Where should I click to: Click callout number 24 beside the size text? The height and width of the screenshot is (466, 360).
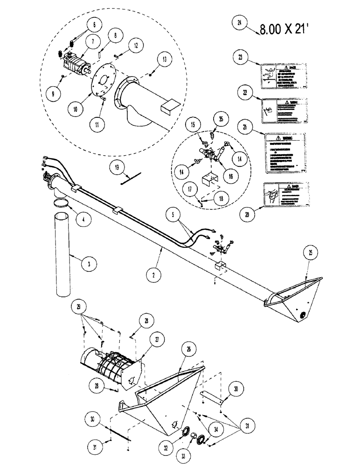[x=239, y=23]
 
